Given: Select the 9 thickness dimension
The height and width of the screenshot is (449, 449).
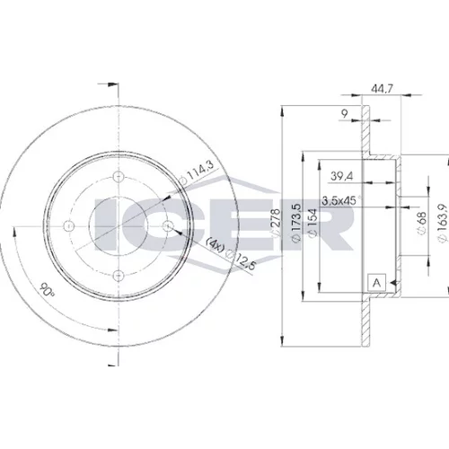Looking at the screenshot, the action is pyautogui.click(x=345, y=113).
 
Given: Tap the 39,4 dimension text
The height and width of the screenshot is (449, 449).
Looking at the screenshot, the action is pyautogui.click(x=341, y=176).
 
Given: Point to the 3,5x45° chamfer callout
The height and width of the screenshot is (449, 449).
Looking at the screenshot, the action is pyautogui.click(x=341, y=200).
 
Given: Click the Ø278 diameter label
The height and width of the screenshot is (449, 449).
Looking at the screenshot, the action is pyautogui.click(x=277, y=224).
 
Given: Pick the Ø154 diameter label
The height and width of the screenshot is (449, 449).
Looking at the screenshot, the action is pyautogui.click(x=313, y=223).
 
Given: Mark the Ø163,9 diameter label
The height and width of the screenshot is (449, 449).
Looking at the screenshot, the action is pyautogui.click(x=443, y=222).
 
